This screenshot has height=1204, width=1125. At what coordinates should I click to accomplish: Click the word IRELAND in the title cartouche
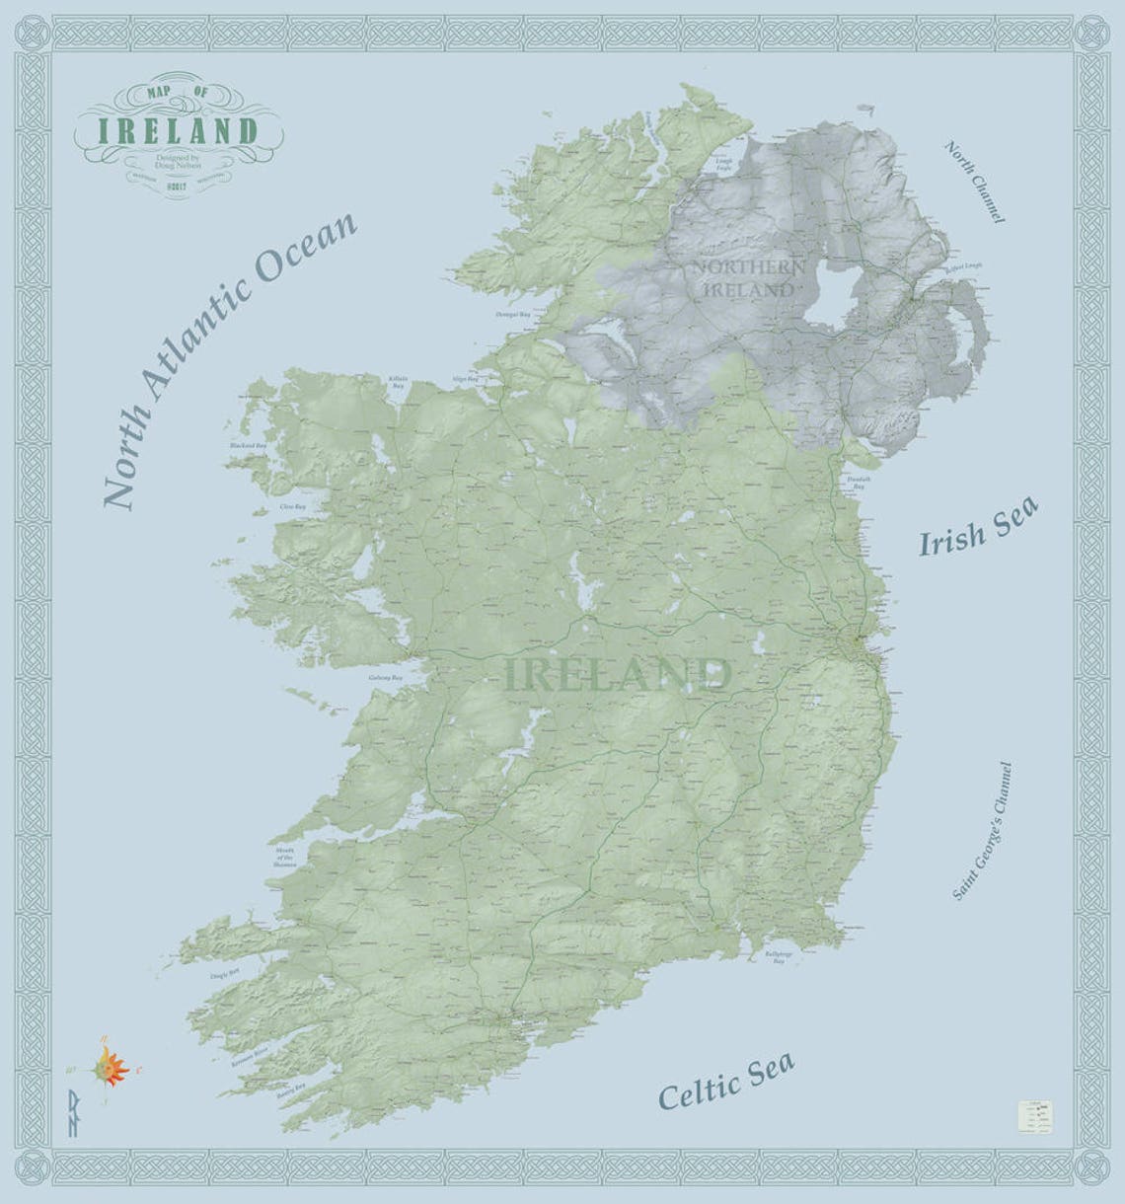pyautogui.click(x=177, y=130)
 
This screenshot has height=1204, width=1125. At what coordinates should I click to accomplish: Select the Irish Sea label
pyautogui.click(x=978, y=529)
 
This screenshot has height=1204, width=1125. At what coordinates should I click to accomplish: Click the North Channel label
pyautogui.click(x=974, y=182)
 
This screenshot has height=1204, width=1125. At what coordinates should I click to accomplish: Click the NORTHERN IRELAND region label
pyautogui.click(x=747, y=278)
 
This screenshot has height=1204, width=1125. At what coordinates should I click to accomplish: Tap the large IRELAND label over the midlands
pyautogui.click(x=618, y=675)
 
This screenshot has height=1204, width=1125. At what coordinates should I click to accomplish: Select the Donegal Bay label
pyautogui.click(x=513, y=315)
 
